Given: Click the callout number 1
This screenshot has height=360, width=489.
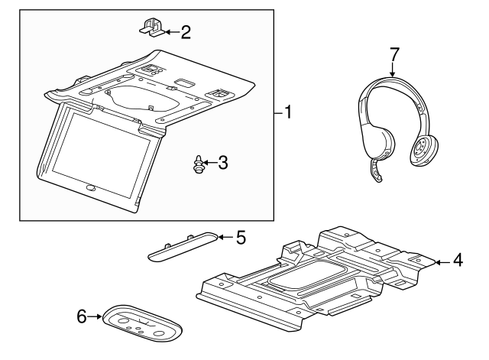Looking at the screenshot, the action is point(288,112).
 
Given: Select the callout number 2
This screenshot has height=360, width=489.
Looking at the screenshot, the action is point(186,32).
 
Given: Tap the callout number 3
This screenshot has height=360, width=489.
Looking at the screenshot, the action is point(222,163).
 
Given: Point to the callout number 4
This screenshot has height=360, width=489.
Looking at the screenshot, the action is point(458,260).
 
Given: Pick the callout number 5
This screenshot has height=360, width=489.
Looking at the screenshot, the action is point(241,238).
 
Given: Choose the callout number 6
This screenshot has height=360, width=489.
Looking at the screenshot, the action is point(82,316).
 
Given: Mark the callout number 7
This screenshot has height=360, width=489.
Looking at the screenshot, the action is point(394,54).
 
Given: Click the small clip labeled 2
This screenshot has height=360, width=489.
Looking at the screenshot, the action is point(152,28).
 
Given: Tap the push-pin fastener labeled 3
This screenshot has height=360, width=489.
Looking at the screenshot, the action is point(198,164).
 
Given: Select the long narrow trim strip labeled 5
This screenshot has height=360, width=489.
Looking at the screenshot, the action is point(182,246).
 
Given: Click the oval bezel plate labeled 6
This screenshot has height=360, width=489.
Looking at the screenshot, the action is point(142,323).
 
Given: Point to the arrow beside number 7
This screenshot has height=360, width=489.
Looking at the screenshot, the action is point(392,69).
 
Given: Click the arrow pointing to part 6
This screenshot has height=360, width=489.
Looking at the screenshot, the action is point(95,316).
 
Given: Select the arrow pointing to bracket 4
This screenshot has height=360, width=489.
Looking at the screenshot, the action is point(443,262).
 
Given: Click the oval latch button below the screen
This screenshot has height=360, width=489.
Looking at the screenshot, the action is point(91,188).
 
